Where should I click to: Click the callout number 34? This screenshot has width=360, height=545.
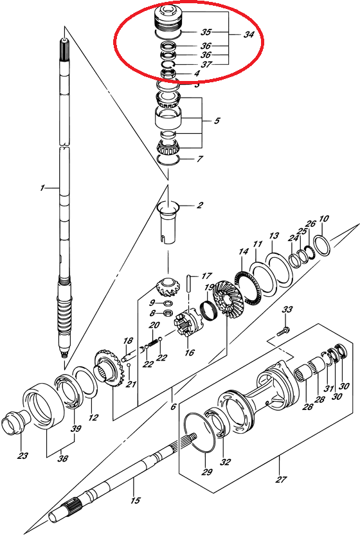248,35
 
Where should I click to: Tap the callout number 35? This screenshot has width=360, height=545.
206,32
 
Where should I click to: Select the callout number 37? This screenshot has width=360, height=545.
206,64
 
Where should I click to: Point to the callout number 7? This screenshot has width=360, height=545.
200,159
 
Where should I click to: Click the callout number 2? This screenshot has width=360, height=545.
199,205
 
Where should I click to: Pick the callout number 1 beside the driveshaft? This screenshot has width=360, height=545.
42,188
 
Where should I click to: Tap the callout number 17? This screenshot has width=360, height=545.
206,276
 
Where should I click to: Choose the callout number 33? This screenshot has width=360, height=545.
287,309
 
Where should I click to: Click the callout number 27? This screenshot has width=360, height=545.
281,479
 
